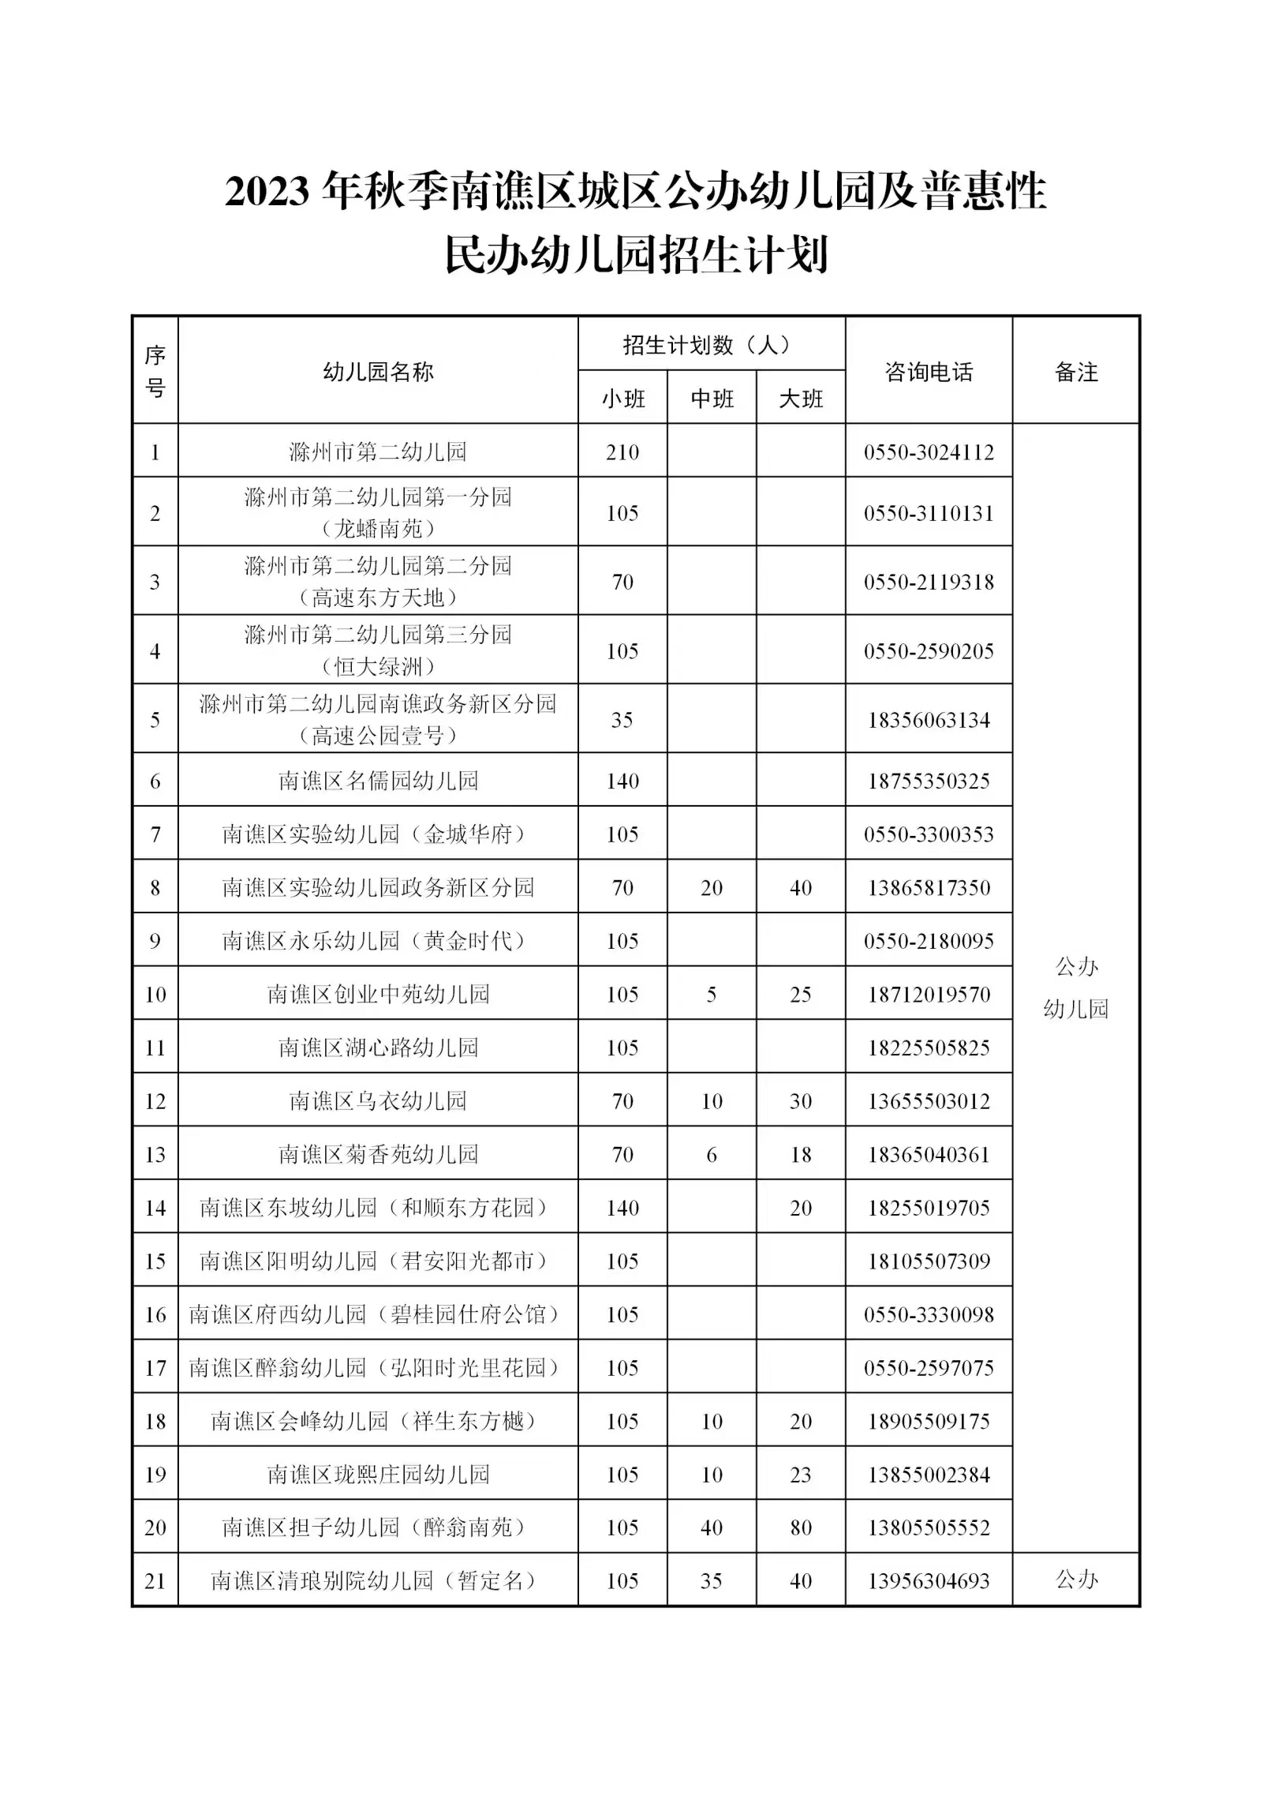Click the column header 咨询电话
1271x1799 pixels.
click(x=929, y=372)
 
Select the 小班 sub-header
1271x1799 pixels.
click(x=623, y=399)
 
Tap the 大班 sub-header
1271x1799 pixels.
click(x=801, y=399)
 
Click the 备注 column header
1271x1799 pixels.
click(x=1076, y=372)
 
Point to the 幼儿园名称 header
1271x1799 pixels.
click(x=378, y=372)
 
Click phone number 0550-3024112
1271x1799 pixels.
click(x=929, y=452)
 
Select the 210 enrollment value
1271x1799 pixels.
click(x=622, y=452)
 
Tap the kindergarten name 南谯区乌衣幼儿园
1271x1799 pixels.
click(x=378, y=1100)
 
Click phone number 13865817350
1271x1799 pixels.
click(x=929, y=887)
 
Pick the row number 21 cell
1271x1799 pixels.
click(x=155, y=1580)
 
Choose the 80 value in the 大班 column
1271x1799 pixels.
click(x=801, y=1527)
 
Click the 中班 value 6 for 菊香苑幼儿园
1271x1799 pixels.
click(x=712, y=1154)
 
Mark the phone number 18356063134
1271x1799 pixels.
click(x=929, y=720)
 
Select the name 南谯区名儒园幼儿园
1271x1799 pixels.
click(x=378, y=781)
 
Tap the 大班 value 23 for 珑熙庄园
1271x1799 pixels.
click(x=801, y=1474)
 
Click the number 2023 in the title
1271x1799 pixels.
click(x=269, y=192)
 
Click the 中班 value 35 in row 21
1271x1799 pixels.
click(x=712, y=1580)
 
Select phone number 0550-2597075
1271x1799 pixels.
click(x=929, y=1367)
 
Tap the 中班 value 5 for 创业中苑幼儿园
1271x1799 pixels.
click(x=712, y=994)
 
